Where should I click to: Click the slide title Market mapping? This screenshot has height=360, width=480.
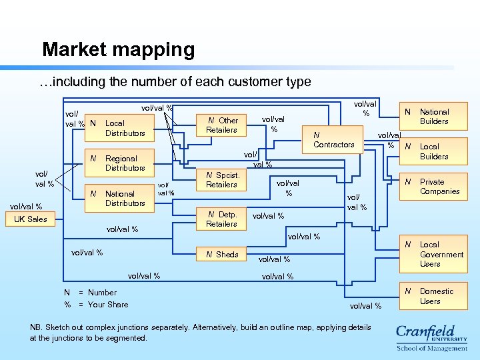point(118,50)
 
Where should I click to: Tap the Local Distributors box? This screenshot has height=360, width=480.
point(120,128)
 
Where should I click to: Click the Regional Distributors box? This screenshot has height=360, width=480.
point(120,163)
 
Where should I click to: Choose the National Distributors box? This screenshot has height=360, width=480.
point(120,199)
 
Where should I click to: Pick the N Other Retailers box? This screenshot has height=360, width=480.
point(221,125)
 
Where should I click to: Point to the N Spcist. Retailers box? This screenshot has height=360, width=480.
point(221,180)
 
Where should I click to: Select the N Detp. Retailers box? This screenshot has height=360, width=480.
point(221,219)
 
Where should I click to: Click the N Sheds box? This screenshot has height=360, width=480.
point(221,254)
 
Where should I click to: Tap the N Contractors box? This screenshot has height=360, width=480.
point(333,140)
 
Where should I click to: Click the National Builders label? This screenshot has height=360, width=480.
point(434,117)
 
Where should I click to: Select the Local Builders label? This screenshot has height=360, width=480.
point(434,151)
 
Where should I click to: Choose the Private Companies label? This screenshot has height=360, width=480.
point(439,187)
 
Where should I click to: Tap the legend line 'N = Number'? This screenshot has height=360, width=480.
point(90,293)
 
